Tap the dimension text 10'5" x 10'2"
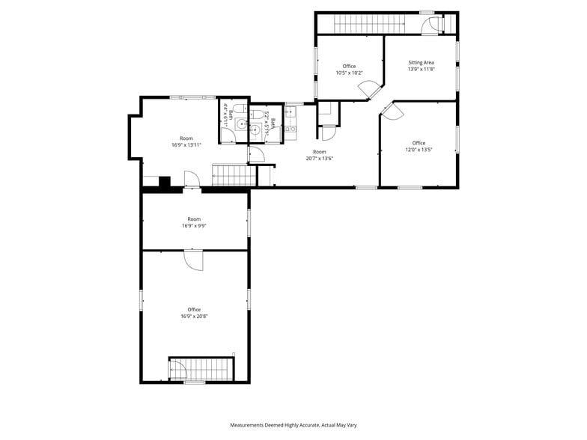349,73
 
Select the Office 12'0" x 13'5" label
419,146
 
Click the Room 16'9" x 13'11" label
186,141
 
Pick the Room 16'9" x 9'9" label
194,222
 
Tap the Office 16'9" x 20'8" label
194,313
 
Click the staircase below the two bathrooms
234,176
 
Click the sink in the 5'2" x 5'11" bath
255,129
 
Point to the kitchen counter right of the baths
291,122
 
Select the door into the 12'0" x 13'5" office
393,111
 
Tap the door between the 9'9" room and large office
194,260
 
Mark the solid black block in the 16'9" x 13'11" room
165,181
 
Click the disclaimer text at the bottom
293,424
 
